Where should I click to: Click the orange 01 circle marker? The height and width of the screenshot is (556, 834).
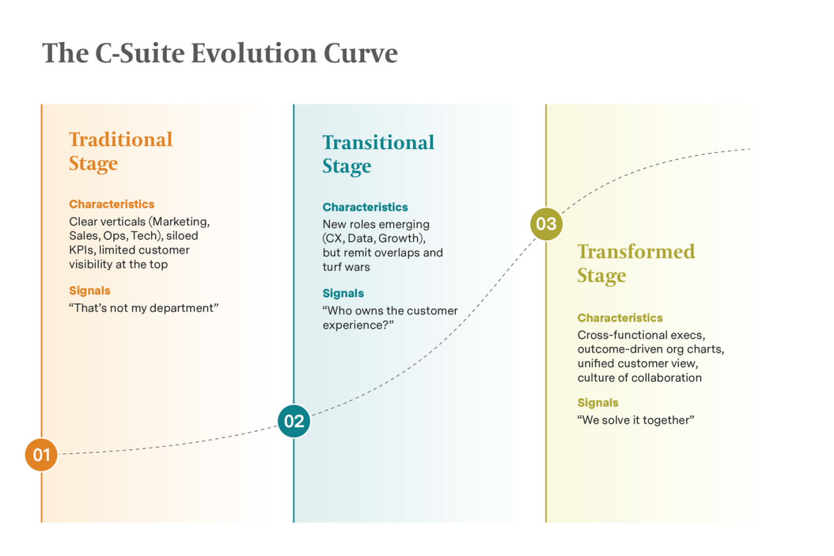coord(41,454)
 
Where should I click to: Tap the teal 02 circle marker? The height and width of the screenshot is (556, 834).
coord(294,421)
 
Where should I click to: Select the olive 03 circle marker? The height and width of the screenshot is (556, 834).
coord(546,224)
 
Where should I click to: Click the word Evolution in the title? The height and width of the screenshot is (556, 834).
coord(254,53)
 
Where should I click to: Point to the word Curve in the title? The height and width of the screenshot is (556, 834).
coord(360,53)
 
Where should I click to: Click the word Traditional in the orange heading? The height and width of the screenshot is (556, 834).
coord(121,140)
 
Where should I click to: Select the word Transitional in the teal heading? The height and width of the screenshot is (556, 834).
coord(378,143)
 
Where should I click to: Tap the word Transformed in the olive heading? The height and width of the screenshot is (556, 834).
coord(636,252)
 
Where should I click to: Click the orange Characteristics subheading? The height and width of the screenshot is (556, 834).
coord(112,204)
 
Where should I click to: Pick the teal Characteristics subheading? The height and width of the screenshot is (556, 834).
coord(365,207)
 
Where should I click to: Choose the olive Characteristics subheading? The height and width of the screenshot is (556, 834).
coord(620,317)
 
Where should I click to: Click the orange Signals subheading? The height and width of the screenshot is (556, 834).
coord(90,290)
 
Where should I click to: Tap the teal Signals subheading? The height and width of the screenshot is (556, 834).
coord(343,294)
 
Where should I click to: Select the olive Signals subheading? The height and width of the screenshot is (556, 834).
coord(598,403)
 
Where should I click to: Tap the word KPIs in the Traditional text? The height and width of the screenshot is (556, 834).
coord(82,250)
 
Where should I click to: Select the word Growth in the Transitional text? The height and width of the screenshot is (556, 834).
coord(399,239)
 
